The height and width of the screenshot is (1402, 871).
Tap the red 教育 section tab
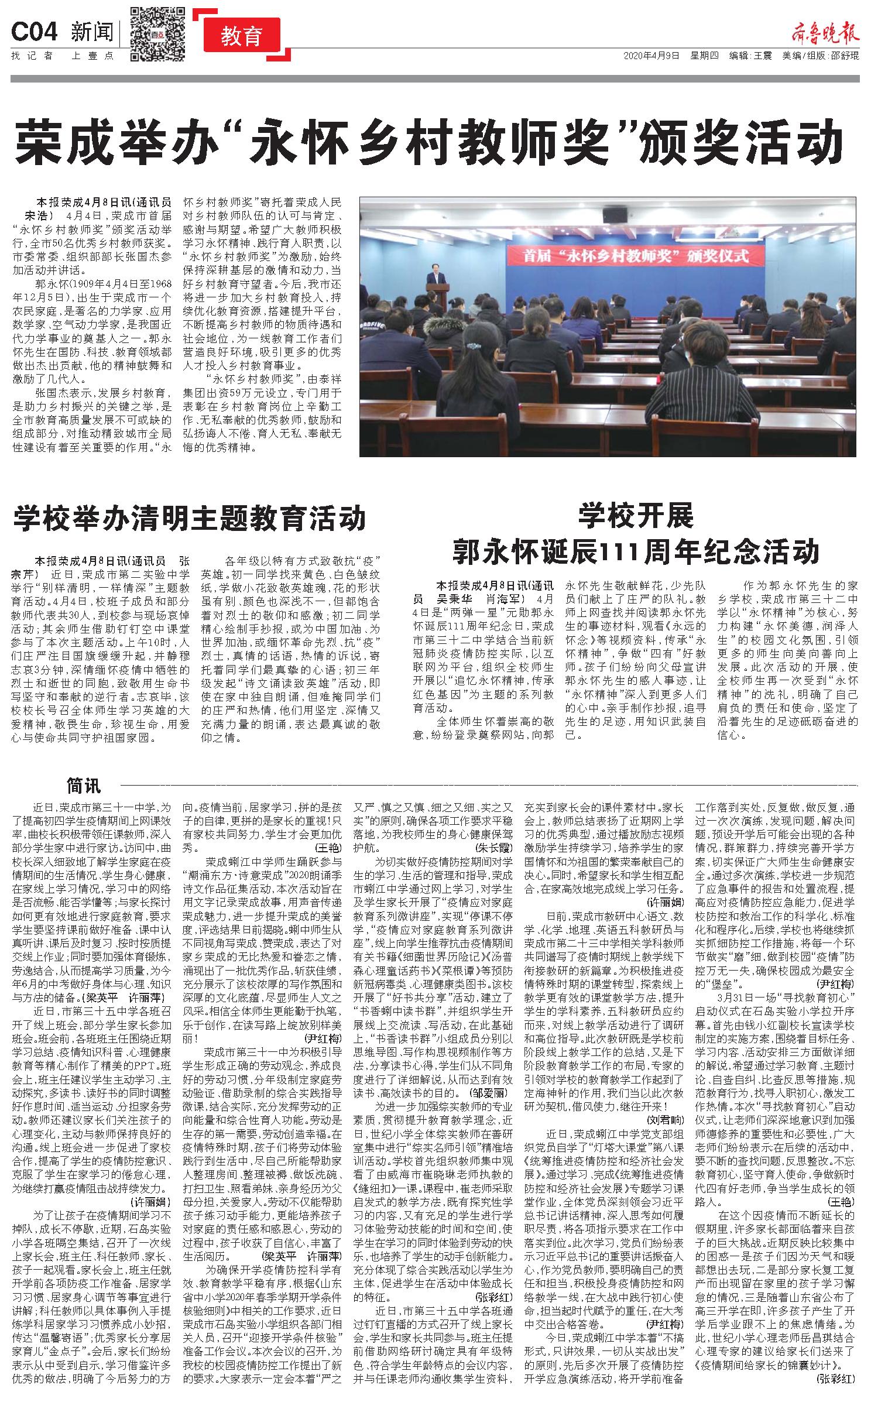[x=241, y=36]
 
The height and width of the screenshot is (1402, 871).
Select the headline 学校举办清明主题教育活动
[x=190, y=517]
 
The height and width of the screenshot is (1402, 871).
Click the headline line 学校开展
[x=636, y=515]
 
